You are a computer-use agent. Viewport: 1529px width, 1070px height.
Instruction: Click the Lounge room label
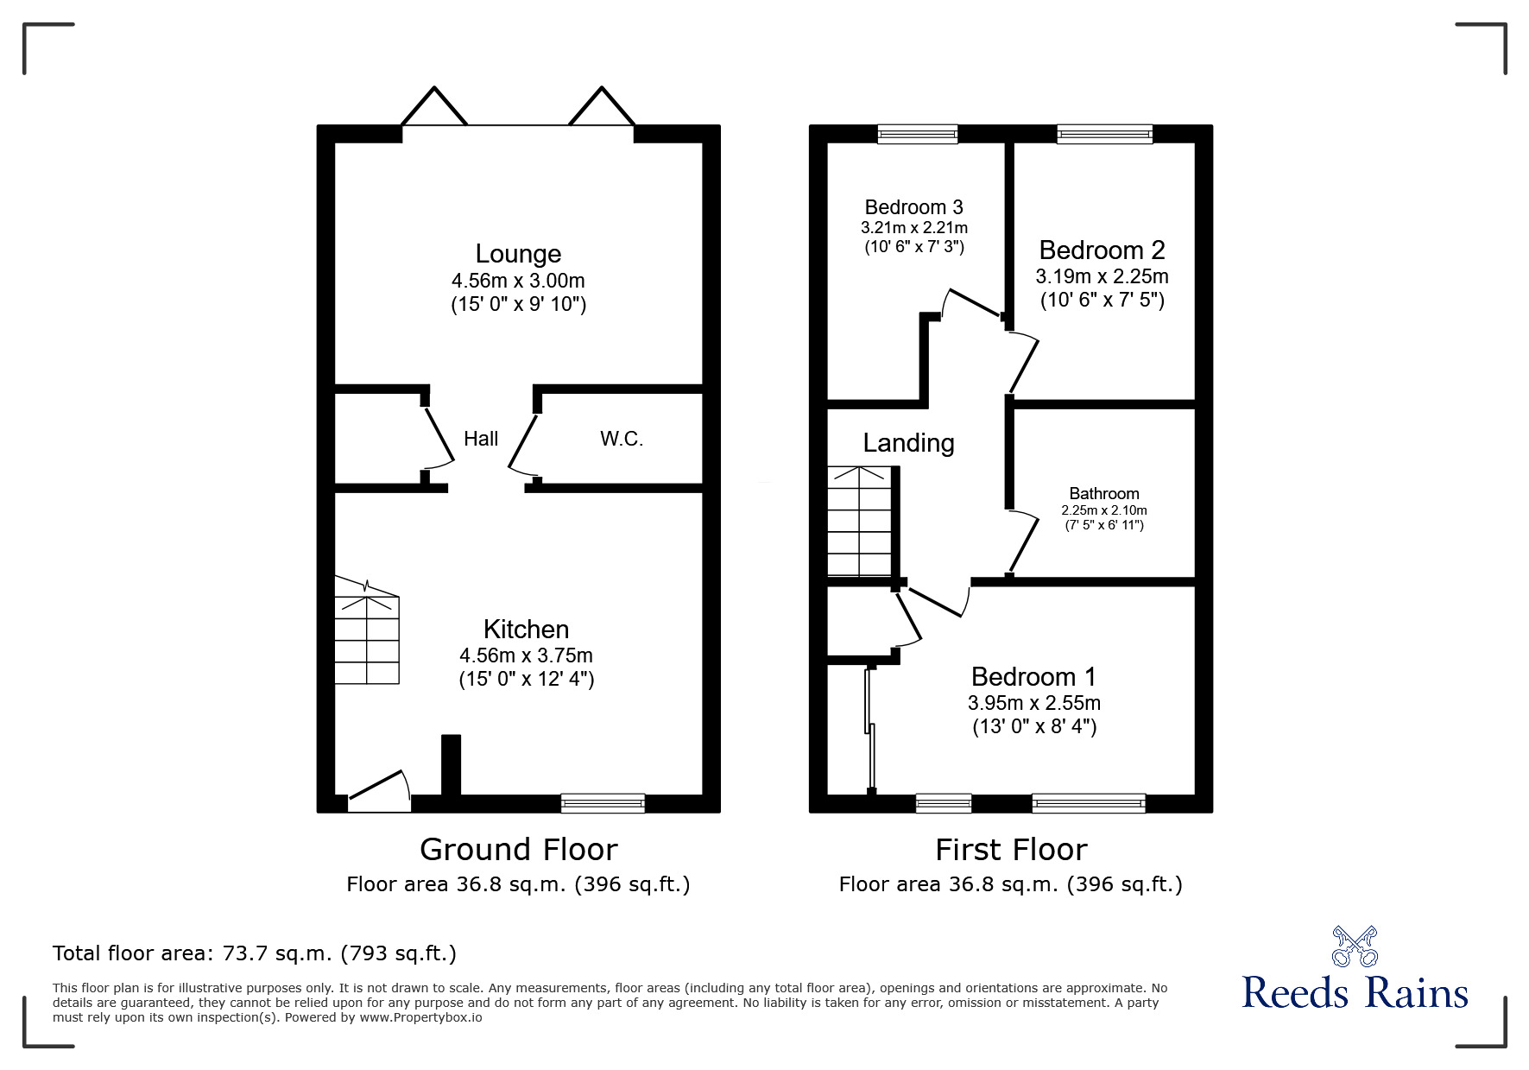(518, 254)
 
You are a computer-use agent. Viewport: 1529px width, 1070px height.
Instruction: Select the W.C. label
(622, 439)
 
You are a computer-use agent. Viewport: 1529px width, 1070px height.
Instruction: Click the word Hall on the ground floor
(481, 439)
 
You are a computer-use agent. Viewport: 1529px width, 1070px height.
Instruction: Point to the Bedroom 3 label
(913, 207)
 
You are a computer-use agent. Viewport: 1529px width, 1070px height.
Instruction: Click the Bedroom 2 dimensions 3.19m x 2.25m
(1102, 276)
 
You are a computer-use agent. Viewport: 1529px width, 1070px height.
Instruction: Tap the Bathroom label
(1103, 494)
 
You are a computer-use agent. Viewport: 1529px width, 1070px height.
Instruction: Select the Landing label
(908, 443)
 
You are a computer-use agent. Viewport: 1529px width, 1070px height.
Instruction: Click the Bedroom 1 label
(1033, 676)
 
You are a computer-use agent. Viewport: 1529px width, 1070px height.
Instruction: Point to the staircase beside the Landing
(859, 522)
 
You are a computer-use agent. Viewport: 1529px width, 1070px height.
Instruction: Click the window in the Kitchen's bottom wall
(603, 803)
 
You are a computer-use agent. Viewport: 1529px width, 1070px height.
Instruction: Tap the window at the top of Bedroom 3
(917, 134)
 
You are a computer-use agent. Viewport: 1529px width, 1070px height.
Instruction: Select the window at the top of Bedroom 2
(1104, 134)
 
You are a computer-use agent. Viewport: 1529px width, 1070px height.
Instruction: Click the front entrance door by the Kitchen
(378, 793)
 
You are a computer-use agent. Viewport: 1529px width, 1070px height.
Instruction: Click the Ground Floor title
(518, 850)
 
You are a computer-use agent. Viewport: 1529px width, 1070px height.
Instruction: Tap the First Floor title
(1010, 850)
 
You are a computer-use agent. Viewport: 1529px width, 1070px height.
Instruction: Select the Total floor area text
(255, 953)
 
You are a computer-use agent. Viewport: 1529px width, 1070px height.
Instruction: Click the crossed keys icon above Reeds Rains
(1354, 947)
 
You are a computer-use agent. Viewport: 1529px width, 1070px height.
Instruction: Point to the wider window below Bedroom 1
(1088, 803)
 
